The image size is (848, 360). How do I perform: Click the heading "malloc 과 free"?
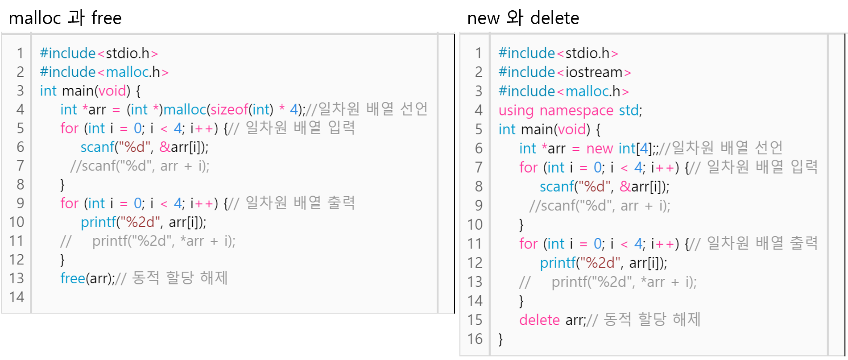(x=65, y=18)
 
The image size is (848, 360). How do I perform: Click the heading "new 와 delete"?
(x=523, y=18)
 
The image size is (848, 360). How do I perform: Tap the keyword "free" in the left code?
(x=73, y=278)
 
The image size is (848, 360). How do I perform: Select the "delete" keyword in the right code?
(x=539, y=320)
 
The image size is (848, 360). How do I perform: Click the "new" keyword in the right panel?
(x=600, y=148)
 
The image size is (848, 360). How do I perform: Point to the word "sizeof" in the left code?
(x=229, y=109)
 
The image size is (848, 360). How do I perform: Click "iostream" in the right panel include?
(x=594, y=72)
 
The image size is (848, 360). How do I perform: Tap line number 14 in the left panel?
(x=17, y=297)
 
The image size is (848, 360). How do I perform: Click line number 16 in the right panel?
(x=475, y=339)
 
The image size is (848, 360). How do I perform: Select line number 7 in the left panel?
(x=20, y=166)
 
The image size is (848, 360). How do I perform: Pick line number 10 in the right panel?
(x=475, y=224)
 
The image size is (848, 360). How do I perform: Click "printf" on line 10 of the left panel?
(x=98, y=222)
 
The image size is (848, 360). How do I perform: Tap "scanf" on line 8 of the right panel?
(x=557, y=186)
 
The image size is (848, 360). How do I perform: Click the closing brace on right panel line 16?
(x=501, y=339)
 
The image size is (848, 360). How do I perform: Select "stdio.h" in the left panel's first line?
(x=128, y=54)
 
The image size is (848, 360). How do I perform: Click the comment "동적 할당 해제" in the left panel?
(x=180, y=278)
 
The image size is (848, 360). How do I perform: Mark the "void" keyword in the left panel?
(x=112, y=91)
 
